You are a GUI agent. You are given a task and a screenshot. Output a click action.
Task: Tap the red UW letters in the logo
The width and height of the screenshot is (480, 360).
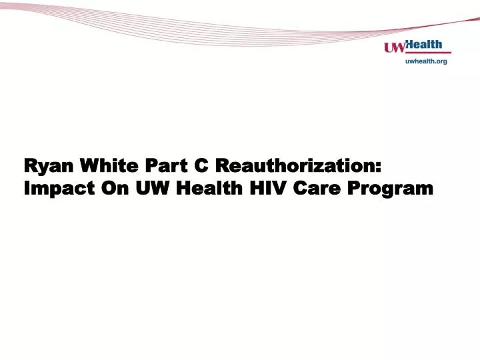[x=395, y=47]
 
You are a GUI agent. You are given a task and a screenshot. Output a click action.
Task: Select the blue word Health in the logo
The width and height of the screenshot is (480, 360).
[x=425, y=45]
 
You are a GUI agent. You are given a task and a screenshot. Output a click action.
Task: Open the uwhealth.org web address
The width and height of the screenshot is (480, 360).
[x=427, y=61]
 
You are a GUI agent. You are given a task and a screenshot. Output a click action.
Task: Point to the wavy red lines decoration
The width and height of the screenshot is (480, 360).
[x=200, y=20]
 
